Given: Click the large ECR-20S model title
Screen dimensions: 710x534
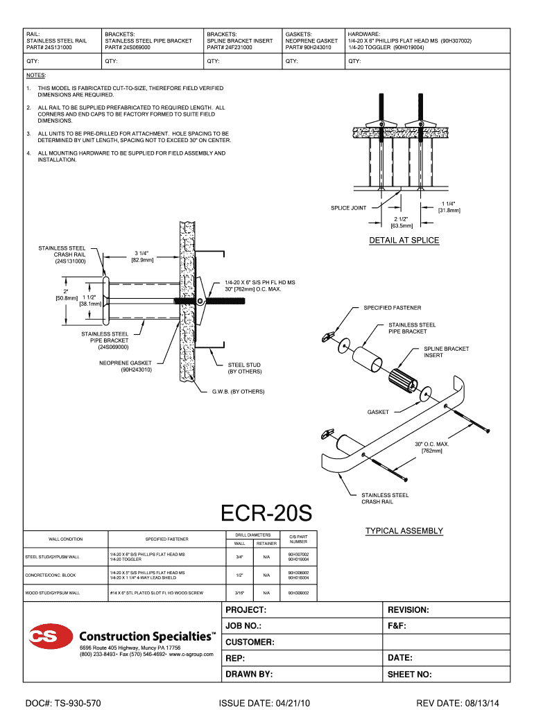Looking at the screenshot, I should pos(266,514).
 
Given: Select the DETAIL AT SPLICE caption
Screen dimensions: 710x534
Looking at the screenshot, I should pos(404,241).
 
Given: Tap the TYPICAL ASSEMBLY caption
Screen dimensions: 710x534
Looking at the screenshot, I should pos(404,531).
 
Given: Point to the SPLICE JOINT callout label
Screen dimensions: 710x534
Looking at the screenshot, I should pos(348,207).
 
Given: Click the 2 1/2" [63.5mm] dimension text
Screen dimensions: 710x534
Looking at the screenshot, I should pos(402,222).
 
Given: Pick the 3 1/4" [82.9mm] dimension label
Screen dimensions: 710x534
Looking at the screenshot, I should pos(142,257).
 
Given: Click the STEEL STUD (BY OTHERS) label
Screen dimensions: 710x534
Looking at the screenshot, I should pos(245,367).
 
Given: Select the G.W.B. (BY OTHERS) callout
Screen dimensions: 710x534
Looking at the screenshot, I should pos(238,391).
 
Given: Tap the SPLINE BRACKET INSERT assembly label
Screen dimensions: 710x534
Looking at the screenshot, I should pos(446,352).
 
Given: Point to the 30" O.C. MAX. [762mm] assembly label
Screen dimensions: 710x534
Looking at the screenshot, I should pos(432,447).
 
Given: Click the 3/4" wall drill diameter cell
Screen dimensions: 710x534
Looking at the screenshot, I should pos(239,557).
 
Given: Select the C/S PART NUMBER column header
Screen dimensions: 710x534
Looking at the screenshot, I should pos(298,539).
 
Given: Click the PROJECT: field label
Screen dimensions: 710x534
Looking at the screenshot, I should pos(246,610).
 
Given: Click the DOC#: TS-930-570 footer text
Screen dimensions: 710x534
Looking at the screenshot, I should pos(62,703).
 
